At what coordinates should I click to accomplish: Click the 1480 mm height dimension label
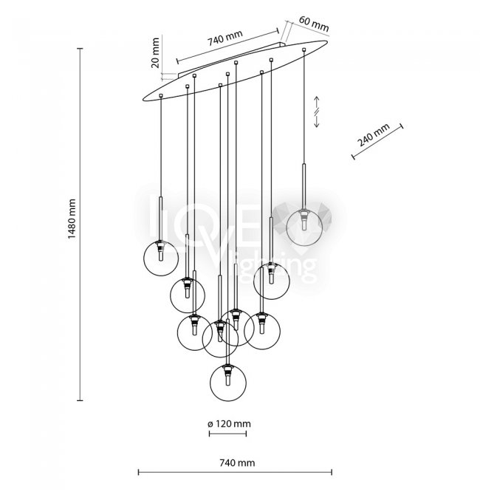point(72,223)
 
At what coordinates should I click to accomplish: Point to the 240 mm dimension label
point(372,137)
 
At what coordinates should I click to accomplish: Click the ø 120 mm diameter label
point(228,423)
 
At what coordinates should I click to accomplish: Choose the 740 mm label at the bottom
point(236,463)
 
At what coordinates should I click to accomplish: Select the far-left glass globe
point(161,258)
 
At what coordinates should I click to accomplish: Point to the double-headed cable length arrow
point(317,111)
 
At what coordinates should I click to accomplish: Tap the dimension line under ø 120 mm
point(228,434)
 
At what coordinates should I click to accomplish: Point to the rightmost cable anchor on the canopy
point(304,50)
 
